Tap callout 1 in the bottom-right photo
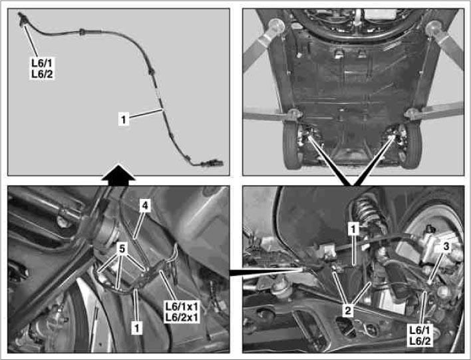click(x=355, y=228)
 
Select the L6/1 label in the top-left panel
click(x=41, y=63)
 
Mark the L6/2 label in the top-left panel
click(x=41, y=74)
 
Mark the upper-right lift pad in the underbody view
click(x=436, y=27)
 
